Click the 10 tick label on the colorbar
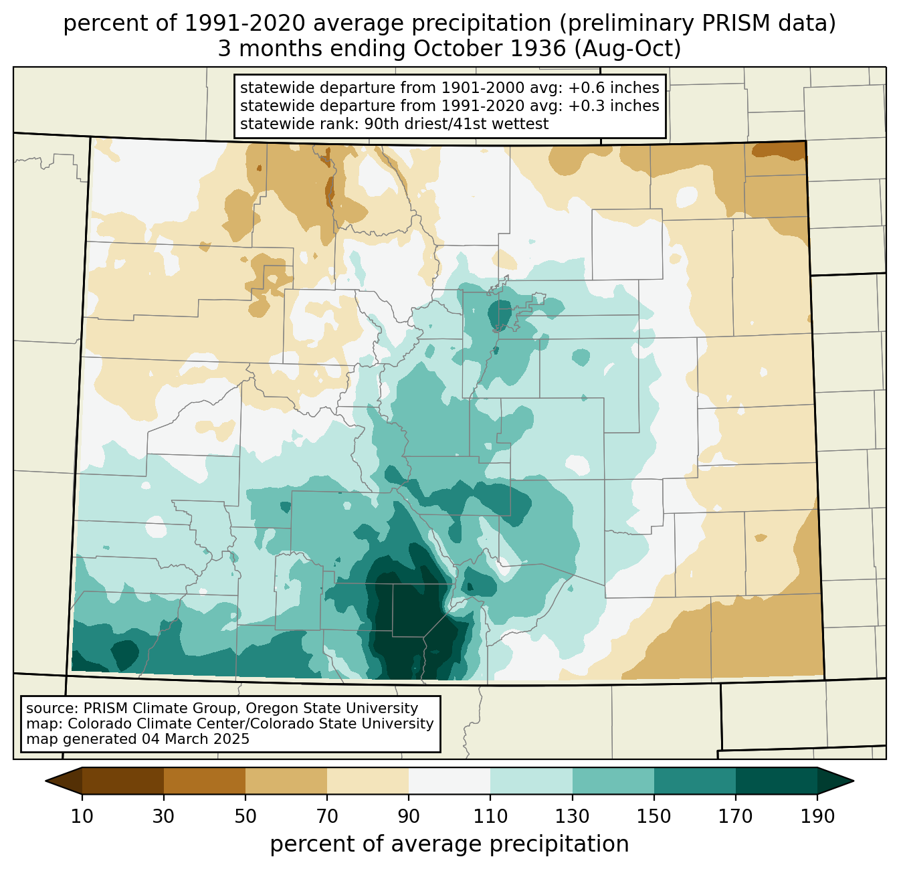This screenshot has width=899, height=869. pos(82,816)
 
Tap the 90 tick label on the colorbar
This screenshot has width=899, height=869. pos(409,816)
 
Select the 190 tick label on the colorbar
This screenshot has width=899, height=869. pos(817,816)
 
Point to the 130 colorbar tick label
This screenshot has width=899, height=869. pos(572,816)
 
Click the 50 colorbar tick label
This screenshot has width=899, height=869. pos(245,816)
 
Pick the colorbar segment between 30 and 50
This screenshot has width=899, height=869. pos(204,781)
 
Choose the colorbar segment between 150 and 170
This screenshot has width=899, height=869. pos(694,781)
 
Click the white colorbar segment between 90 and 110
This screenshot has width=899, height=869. pos(449,781)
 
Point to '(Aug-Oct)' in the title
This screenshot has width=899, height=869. pos(627,49)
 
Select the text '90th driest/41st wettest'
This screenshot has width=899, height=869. pos(456,124)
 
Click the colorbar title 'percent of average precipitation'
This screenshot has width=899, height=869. pos(449,845)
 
